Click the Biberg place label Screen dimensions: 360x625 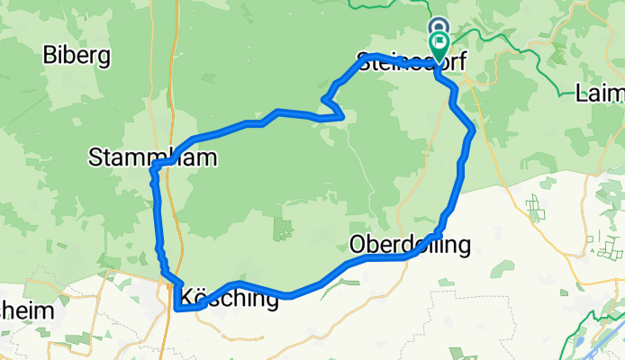click(77, 56)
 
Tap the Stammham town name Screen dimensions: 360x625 click(152, 158)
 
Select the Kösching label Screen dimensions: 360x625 click(229, 297)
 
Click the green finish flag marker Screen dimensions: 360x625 click(439, 42)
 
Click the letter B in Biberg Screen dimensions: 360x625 click(50, 56)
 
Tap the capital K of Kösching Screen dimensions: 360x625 click(187, 297)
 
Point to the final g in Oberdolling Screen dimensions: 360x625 click(464, 246)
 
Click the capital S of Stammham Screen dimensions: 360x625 click(95, 158)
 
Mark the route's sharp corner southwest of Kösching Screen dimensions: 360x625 click(176, 310)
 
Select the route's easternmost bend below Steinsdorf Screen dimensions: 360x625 click(473, 131)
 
